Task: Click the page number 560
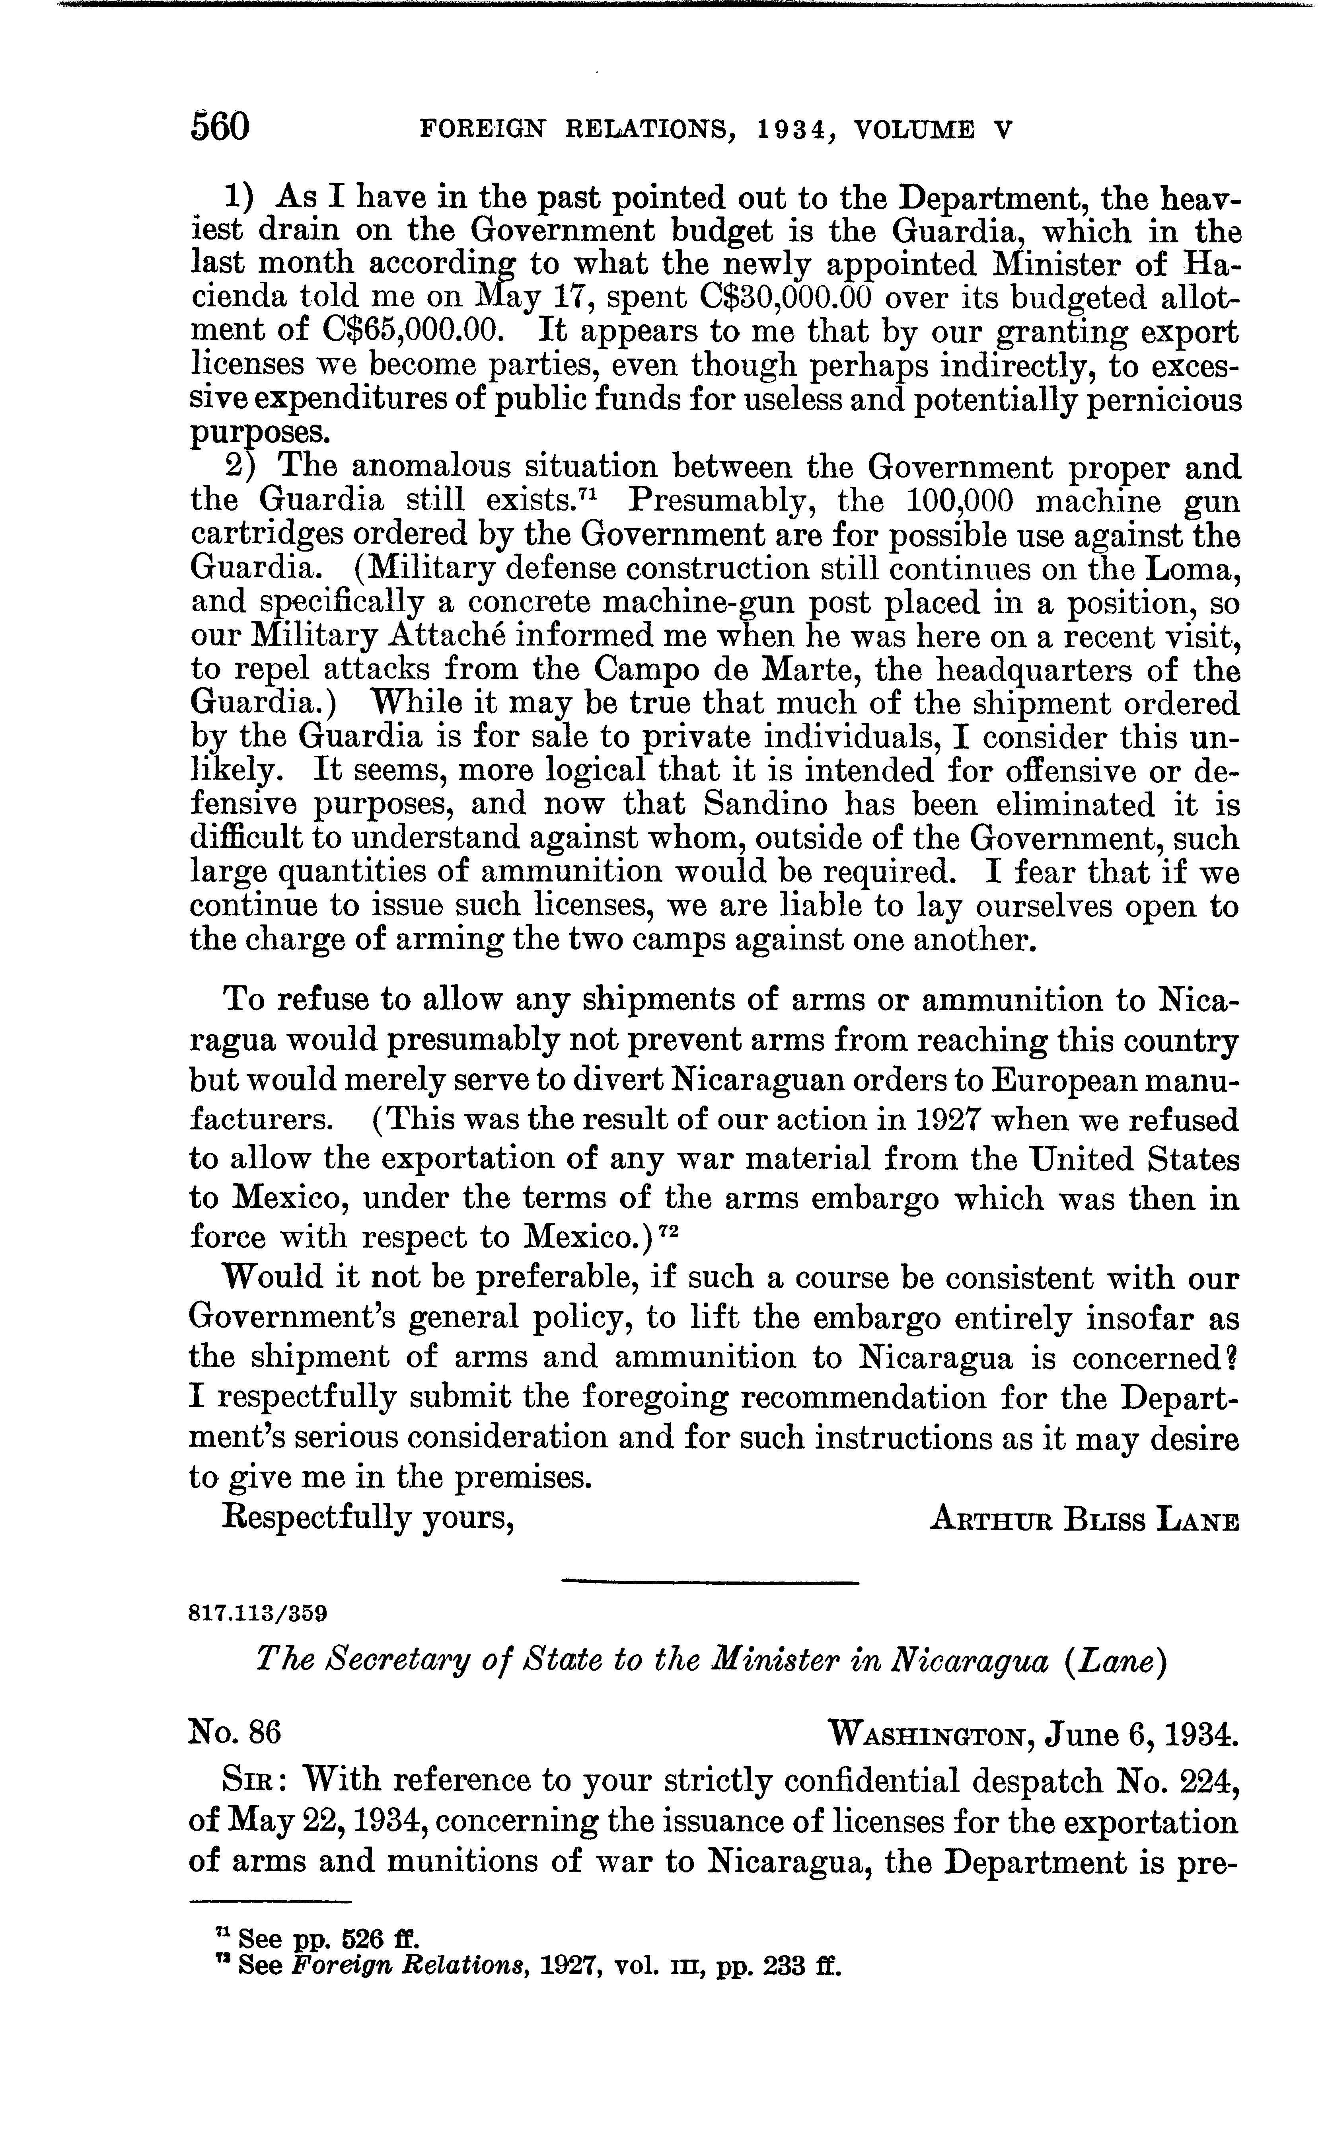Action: (x=220, y=128)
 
